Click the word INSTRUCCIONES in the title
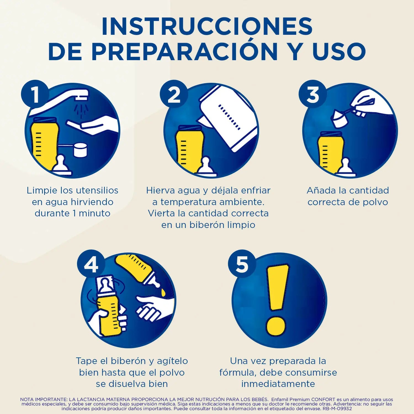coord(207,26)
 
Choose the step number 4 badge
coord(91,264)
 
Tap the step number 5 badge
coord(242,264)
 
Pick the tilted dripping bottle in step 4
coord(138,272)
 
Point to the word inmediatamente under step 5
coord(278,384)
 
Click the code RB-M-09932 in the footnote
coord(337,408)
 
